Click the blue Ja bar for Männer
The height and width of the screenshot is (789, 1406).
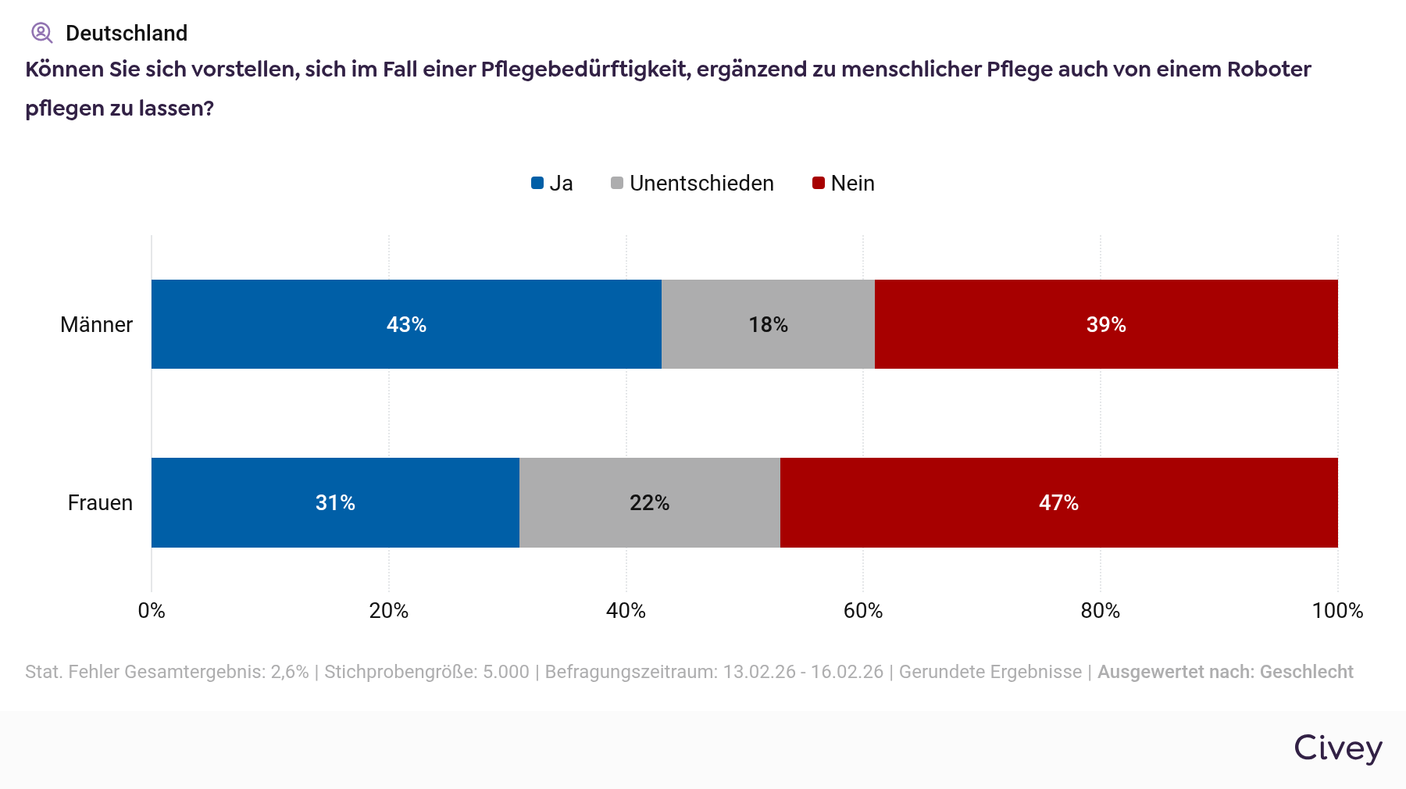[406, 324]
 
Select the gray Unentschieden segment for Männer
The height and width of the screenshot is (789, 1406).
[768, 324]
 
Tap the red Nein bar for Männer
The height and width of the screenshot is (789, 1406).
[1106, 324]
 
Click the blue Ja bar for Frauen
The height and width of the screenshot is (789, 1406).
[335, 502]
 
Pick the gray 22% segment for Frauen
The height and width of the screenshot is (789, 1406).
[649, 502]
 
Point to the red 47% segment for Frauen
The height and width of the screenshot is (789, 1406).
[1058, 502]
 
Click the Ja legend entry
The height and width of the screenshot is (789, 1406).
[552, 184]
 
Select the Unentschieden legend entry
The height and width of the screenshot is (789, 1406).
[692, 184]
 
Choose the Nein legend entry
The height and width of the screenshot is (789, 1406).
[844, 184]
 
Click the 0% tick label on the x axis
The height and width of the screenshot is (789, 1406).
[152, 611]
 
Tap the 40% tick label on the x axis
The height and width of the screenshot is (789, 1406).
[626, 611]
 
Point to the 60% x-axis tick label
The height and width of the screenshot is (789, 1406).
[863, 611]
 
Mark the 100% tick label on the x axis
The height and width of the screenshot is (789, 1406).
[1337, 611]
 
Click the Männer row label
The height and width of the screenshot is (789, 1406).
[96, 325]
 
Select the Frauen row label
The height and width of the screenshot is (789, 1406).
[100, 503]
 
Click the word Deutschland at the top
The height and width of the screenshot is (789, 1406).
[127, 34]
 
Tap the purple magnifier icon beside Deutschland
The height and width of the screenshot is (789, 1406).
[41, 33]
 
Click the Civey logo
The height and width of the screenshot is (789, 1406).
[1338, 748]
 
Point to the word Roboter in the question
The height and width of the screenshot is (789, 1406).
[1269, 70]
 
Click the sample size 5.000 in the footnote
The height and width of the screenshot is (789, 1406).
[506, 672]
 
